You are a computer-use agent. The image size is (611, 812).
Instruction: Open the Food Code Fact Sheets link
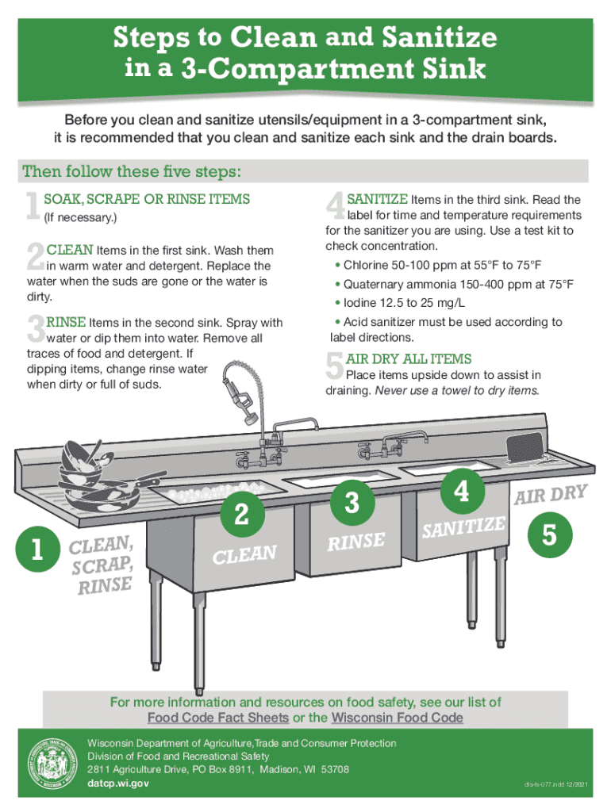pos(218,718)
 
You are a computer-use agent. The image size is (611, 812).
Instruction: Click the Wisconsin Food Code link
pos(397,718)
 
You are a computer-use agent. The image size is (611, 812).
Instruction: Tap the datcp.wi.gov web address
pos(118,783)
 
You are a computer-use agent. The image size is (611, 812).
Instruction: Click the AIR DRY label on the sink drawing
pos(551,494)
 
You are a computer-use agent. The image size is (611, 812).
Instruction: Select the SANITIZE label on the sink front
pos(464,527)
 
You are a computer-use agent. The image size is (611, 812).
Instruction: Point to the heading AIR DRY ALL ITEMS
pos(409,358)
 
